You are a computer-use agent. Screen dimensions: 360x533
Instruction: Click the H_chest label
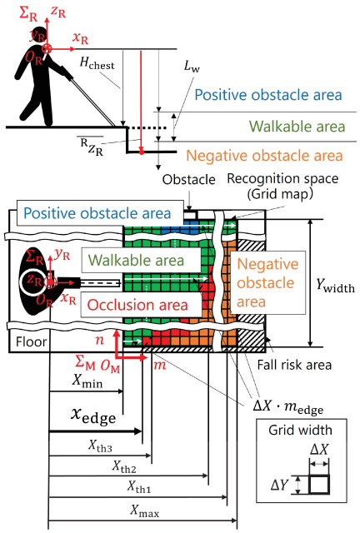97,63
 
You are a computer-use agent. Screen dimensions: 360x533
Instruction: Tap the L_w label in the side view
192,66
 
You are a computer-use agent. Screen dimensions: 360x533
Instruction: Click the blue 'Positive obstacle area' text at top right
268,95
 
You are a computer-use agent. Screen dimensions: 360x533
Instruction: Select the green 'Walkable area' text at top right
297,127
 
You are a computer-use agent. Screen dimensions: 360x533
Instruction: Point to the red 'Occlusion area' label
137,305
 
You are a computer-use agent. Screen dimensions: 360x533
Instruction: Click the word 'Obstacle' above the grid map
188,180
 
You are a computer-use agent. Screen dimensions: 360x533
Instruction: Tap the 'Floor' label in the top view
31,341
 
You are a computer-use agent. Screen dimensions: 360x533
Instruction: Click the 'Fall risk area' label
294,365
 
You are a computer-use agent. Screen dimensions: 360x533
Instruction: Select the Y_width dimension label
335,285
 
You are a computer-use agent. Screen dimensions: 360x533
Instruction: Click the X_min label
87,381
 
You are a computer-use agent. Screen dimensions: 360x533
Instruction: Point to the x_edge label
93,416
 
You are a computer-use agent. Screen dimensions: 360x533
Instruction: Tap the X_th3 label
100,446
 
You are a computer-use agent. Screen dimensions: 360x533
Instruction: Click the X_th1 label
139,486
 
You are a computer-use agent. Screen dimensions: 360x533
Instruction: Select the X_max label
145,511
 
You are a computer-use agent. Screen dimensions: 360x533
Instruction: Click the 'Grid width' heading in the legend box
300,431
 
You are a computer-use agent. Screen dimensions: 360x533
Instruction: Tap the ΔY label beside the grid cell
279,485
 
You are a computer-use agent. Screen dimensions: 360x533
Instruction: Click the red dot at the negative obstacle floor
142,152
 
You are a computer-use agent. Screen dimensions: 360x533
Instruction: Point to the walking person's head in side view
40,33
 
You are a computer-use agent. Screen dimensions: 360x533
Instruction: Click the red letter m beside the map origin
160,366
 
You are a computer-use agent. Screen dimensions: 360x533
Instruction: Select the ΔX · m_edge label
287,406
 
